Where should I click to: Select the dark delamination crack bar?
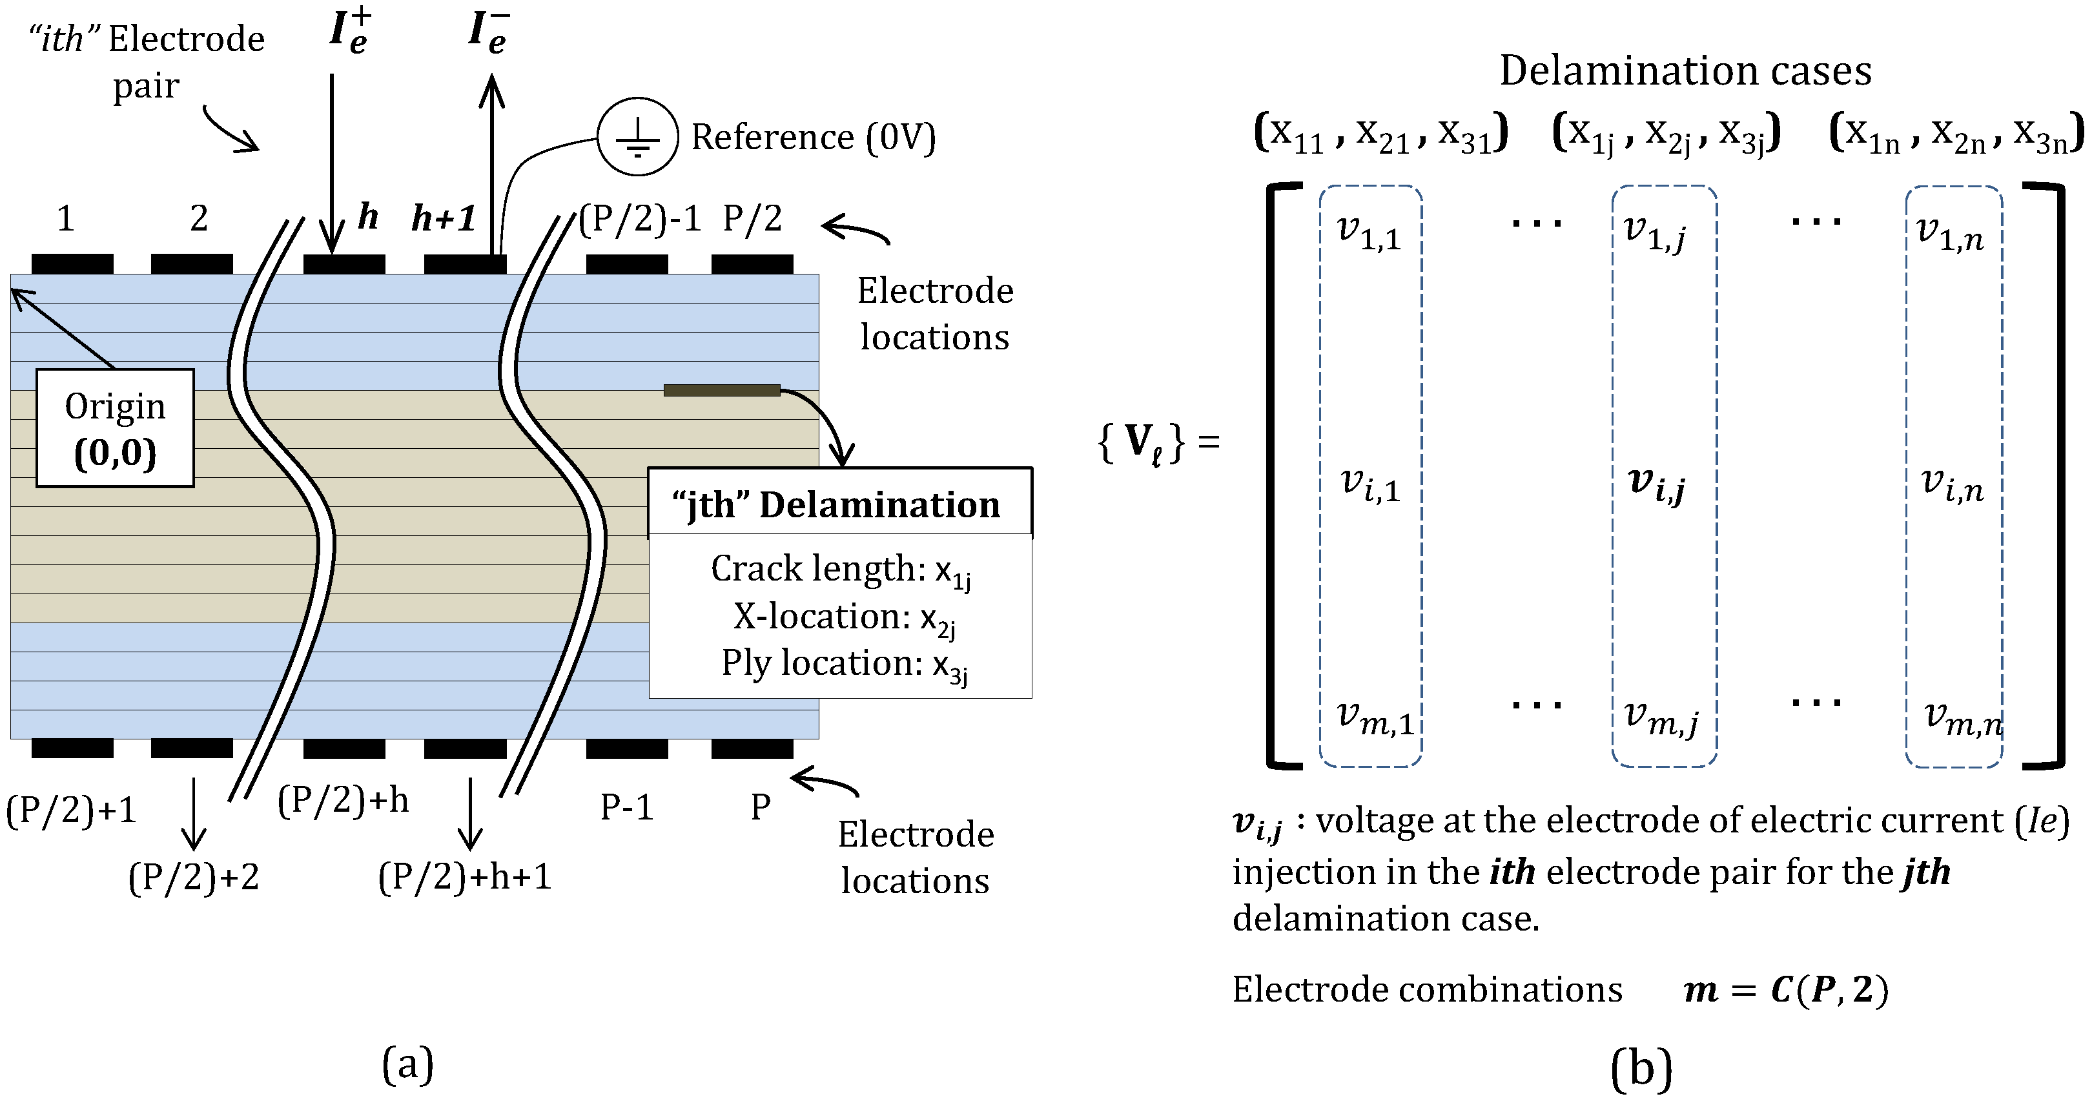pyautogui.click(x=721, y=391)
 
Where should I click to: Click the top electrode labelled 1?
pyautogui.click(x=72, y=264)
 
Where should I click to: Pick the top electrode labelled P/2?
pyautogui.click(x=752, y=264)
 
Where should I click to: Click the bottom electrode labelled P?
pyautogui.click(x=752, y=748)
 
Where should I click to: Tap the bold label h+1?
pyautogui.click(x=444, y=218)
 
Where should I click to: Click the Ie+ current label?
pyautogui.click(x=350, y=30)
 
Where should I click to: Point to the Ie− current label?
pyautogui.click(x=489, y=31)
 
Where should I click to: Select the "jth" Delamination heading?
pyautogui.click(x=836, y=504)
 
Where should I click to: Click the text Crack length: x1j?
pyautogui.click(x=841, y=570)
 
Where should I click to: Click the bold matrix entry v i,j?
pyautogui.click(x=1657, y=485)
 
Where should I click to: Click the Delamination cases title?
pyautogui.click(x=1685, y=70)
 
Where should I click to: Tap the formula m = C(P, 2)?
pyautogui.click(x=1786, y=989)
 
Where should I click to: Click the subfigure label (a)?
pyautogui.click(x=407, y=1064)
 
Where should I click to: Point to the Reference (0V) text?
pyautogui.click(x=813, y=138)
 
